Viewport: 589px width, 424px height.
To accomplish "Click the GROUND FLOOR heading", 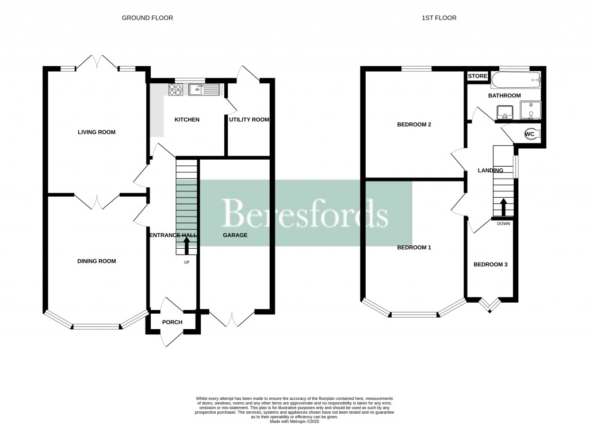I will pyautogui.click(x=147, y=18).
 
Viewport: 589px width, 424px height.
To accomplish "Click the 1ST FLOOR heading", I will pyautogui.click(x=439, y=18).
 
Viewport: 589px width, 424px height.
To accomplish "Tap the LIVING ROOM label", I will pyautogui.click(x=97, y=132).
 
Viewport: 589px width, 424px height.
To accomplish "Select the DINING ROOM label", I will pyautogui.click(x=97, y=261).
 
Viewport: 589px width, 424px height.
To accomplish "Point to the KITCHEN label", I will pyautogui.click(x=187, y=120).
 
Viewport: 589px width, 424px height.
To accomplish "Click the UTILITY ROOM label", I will pyautogui.click(x=249, y=120).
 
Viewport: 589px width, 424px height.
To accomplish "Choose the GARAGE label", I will pyautogui.click(x=235, y=235).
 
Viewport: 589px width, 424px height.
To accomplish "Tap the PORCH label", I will pyautogui.click(x=172, y=322).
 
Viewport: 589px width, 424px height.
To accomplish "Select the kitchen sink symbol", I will pyautogui.click(x=204, y=89).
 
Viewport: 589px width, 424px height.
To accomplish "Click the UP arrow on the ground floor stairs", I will pyautogui.click(x=186, y=246).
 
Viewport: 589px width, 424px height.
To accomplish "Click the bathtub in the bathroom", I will pyautogui.click(x=516, y=79).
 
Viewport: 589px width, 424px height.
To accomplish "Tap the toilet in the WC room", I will pyautogui.click(x=531, y=134).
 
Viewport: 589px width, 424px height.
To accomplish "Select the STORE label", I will pyautogui.click(x=477, y=76).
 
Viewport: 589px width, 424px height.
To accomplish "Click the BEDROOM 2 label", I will pyautogui.click(x=414, y=125).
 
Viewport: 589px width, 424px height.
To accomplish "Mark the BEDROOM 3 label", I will pyautogui.click(x=490, y=265).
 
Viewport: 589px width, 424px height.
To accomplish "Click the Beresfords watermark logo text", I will pyautogui.click(x=305, y=214).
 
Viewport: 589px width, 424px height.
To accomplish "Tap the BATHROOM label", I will pyautogui.click(x=504, y=95).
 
